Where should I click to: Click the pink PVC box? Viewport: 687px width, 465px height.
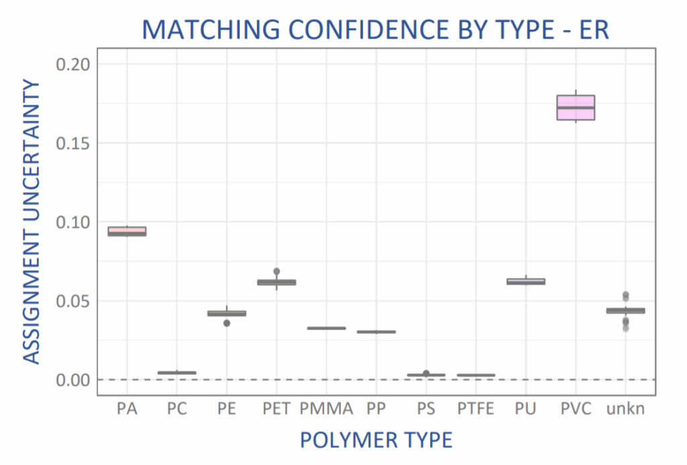[576, 107]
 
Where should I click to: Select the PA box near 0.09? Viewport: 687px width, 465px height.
[127, 231]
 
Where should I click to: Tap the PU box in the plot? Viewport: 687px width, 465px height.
[525, 281]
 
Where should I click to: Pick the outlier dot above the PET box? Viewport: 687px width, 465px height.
[276, 272]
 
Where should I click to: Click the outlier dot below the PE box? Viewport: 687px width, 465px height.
[227, 323]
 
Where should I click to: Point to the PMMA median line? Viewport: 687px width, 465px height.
[326, 328]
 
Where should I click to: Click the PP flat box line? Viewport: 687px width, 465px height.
[376, 331]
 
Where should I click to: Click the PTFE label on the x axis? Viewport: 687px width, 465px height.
[476, 409]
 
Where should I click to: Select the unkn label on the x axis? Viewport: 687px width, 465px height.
[625, 409]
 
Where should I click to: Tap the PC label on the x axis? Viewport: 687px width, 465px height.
[176, 409]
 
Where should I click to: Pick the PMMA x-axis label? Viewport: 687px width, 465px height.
[326, 409]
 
